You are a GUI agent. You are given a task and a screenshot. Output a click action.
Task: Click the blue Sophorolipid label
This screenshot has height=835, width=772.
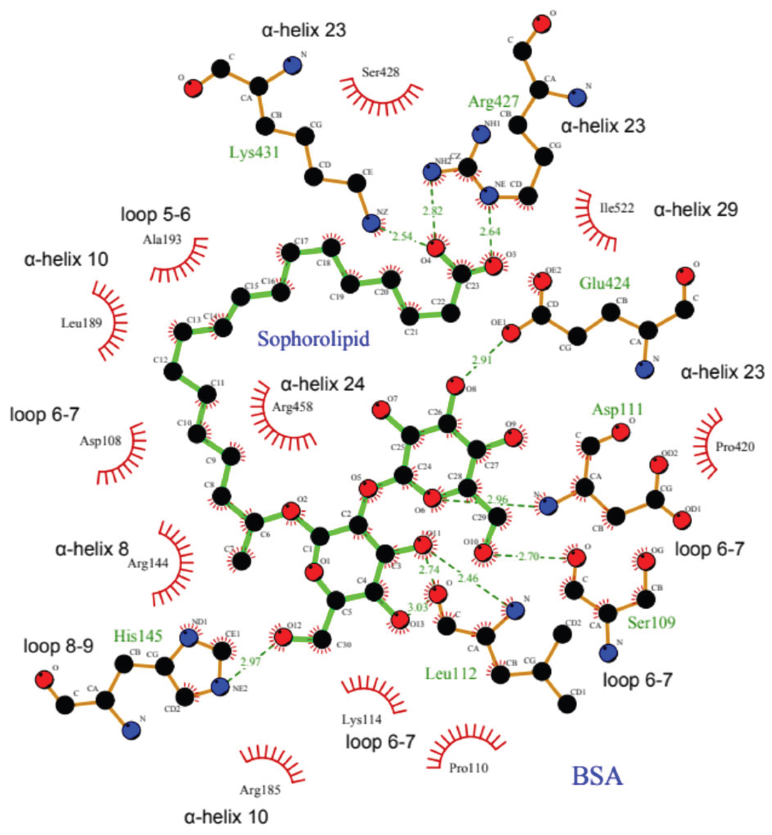click(313, 339)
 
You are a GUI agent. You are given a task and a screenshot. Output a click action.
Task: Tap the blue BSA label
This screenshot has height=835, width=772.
click(597, 775)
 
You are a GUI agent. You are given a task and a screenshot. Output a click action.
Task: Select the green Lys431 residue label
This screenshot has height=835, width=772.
click(254, 153)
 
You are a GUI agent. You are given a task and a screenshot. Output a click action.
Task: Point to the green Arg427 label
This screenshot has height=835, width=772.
click(493, 101)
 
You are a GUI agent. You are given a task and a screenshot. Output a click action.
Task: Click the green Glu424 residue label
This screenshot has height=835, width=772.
click(605, 283)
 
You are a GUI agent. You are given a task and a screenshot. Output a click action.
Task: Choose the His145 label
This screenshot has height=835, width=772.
click(138, 636)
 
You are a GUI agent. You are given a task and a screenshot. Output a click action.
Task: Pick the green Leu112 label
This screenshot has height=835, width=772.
click(451, 673)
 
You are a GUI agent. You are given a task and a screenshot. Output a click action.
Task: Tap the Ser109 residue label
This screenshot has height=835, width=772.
click(651, 623)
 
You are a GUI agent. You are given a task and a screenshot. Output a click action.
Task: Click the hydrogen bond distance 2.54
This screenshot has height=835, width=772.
click(402, 236)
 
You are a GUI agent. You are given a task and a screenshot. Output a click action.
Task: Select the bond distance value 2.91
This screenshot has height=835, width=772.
click(481, 359)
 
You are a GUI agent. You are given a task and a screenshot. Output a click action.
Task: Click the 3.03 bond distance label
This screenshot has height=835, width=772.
click(418, 607)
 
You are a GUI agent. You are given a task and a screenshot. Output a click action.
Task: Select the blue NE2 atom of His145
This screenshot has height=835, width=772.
click(220, 687)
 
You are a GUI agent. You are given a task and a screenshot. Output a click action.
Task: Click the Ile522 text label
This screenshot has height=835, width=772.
click(616, 208)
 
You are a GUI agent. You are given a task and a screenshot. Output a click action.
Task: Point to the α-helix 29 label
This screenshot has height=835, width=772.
click(695, 210)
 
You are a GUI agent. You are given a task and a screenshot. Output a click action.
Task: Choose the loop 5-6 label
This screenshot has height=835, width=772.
click(155, 215)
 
